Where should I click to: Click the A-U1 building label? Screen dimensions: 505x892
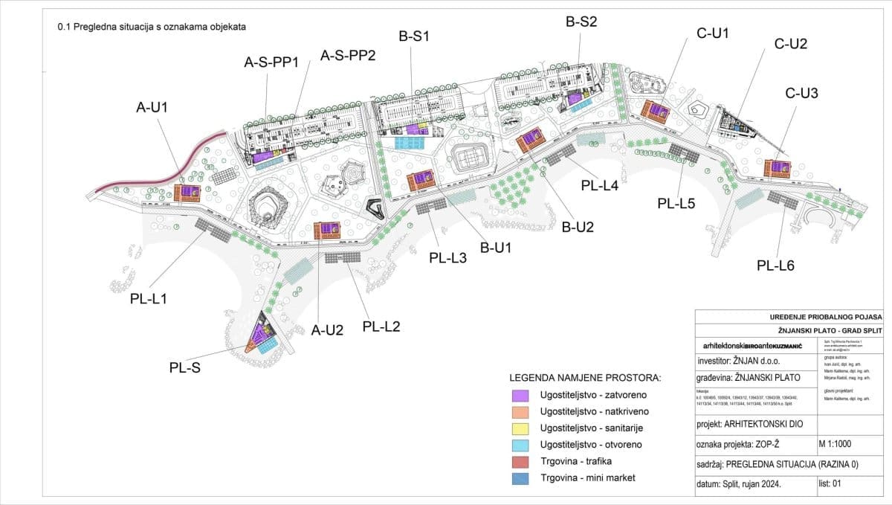[x=152, y=107]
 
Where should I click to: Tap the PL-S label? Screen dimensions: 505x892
[x=185, y=367]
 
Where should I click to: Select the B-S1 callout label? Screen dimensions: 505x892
[x=415, y=36]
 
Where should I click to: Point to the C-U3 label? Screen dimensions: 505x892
[x=801, y=94]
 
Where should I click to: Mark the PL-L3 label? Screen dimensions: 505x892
[x=447, y=258]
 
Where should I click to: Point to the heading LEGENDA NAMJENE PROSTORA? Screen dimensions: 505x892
[x=585, y=377]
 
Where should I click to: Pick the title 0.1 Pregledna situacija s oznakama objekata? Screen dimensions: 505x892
[x=152, y=27]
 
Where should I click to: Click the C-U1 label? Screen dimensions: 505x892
[x=712, y=33]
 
